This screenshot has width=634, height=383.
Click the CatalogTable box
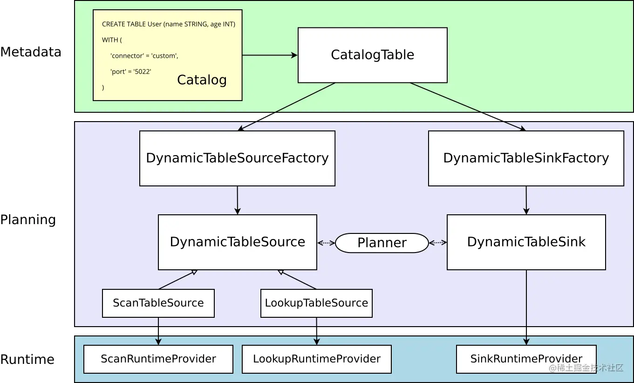[373, 55]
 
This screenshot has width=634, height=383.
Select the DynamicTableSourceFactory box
[237, 158]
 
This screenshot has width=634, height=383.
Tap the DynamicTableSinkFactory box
[526, 158]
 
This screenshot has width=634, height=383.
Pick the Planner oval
[382, 243]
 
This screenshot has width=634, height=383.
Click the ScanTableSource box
[158, 303]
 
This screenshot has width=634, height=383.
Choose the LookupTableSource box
[316, 303]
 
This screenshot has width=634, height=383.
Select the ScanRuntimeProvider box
[158, 359]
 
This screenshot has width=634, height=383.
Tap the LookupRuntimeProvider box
[317, 359]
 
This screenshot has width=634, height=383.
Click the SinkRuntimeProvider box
[526, 359]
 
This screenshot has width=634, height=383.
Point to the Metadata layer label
[31, 52]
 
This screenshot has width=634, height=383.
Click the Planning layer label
[28, 220]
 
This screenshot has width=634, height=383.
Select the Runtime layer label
[27, 360]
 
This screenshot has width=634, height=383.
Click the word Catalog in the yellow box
[202, 80]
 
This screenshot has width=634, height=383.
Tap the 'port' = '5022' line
[131, 72]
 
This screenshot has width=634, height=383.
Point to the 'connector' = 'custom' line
[144, 56]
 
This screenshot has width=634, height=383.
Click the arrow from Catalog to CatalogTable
[270, 55]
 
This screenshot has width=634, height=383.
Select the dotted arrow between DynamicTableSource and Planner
[326, 243]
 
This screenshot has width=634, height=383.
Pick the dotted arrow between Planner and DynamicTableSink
[438, 243]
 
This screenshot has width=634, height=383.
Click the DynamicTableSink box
[526, 242]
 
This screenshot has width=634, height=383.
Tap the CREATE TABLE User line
[169, 24]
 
